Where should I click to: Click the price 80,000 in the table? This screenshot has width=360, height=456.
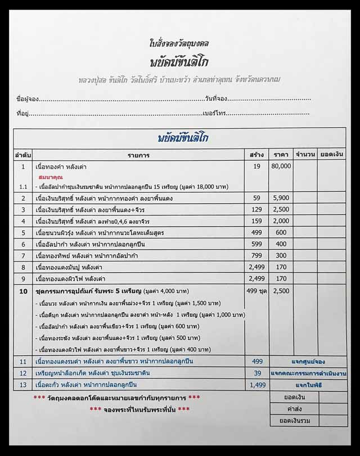click(x=281, y=167)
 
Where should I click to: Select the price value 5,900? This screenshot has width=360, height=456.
click(x=281, y=198)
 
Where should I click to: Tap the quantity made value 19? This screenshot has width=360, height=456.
click(x=256, y=167)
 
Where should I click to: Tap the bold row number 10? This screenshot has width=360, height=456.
click(x=24, y=291)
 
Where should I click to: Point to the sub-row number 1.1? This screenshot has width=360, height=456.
click(x=24, y=186)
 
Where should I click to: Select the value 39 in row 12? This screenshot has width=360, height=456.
click(x=256, y=373)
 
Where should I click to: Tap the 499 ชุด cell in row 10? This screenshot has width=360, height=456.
click(x=256, y=291)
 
